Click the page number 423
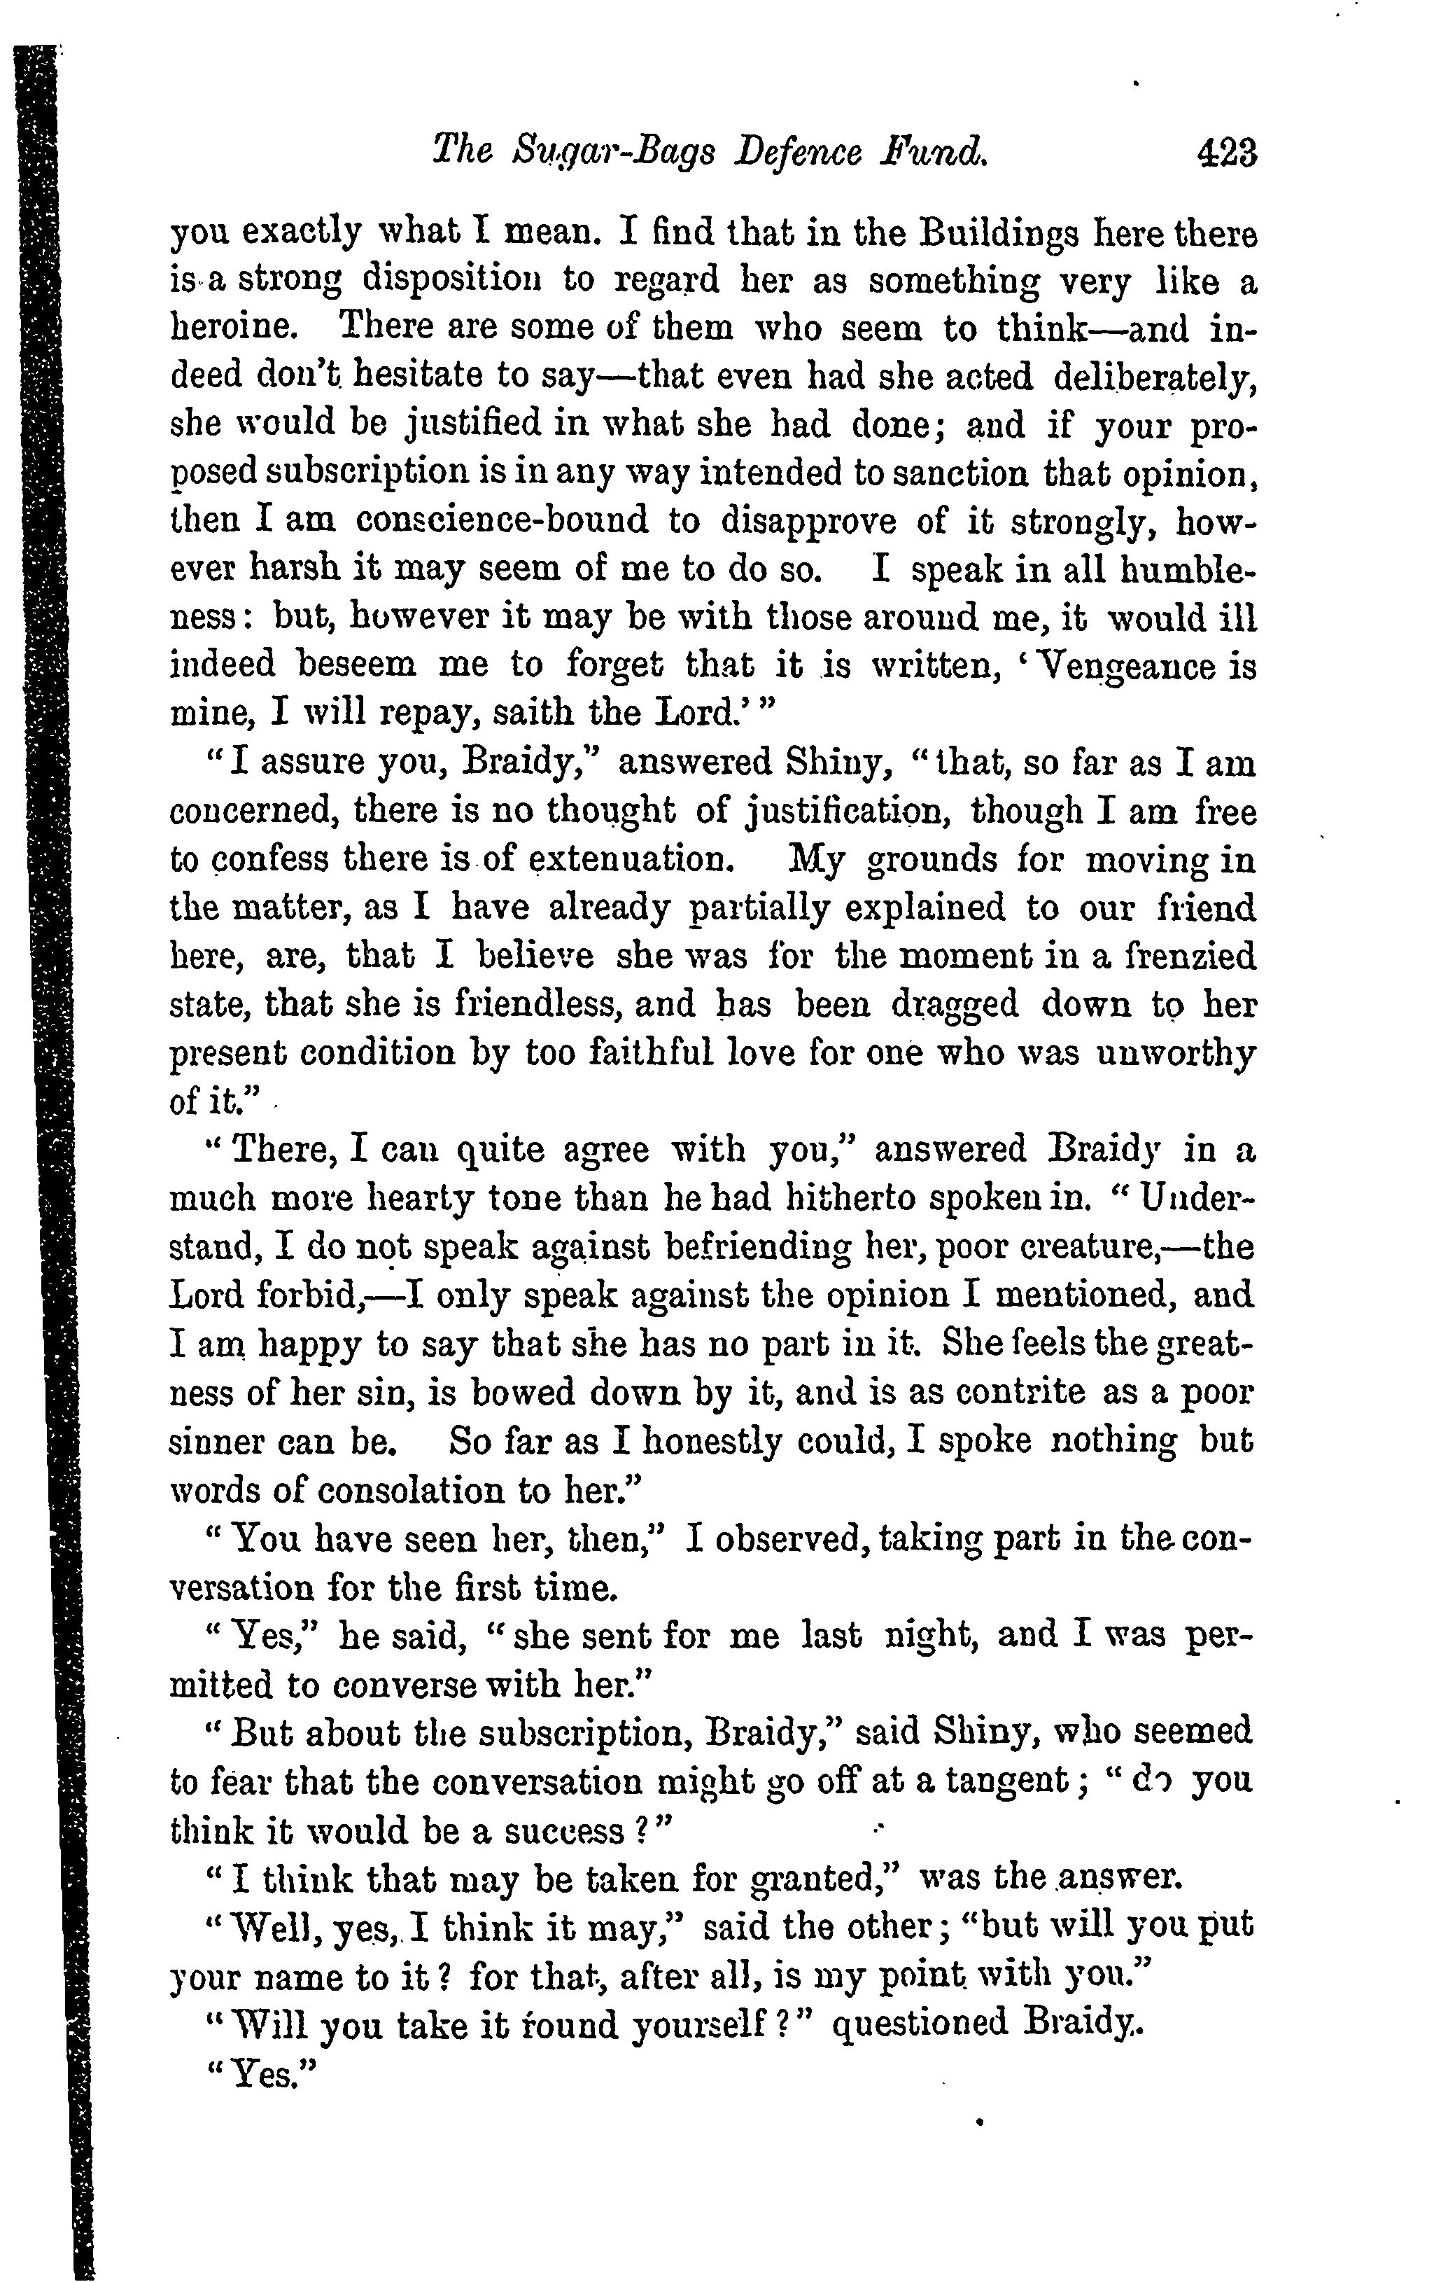(x=1226, y=152)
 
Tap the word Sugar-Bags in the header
(x=608, y=153)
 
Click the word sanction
(x=966, y=473)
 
